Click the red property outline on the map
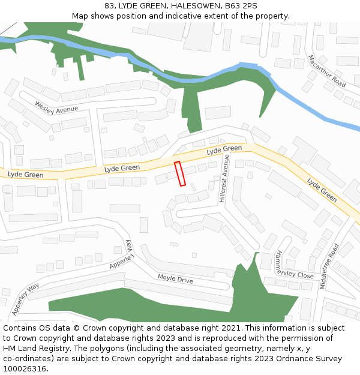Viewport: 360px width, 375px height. point(180,173)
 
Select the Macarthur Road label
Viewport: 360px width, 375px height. point(326,70)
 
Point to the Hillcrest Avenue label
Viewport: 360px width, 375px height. point(223,178)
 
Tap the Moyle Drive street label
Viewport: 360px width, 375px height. point(175,278)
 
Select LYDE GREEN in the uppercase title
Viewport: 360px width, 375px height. point(139,6)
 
